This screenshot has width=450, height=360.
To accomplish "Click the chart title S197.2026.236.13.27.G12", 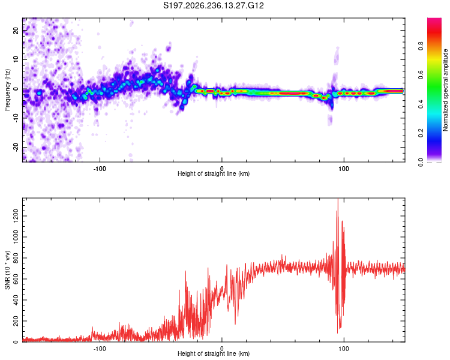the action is pos(213,5).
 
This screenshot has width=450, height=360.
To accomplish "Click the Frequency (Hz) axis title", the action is pos(7,90).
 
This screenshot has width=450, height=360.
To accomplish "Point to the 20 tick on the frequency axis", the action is pos(16,30).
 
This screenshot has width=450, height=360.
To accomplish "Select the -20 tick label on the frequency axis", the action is pos(16,148).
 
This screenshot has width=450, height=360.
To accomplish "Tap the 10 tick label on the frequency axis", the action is pos(16,59).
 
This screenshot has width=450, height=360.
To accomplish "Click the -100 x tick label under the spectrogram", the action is pos(100,169).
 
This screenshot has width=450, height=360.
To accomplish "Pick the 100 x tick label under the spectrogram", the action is pos(344,169).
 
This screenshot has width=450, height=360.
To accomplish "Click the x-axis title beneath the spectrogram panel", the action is pos(214,173).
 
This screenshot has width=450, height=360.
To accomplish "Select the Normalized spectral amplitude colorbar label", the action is pos(445,90).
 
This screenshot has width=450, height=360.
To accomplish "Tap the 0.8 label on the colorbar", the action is pos(421,46).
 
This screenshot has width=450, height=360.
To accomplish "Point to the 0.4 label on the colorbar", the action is pos(421,104).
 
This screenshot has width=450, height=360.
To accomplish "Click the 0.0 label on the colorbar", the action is pos(421,163).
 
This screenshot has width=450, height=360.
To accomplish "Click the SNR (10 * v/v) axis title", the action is pos(7,270).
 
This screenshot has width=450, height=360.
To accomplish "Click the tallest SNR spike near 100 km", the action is pos(338,199).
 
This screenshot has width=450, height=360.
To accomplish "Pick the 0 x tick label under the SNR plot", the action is pos(221,349).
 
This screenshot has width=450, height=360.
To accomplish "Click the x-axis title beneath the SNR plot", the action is pos(214,353).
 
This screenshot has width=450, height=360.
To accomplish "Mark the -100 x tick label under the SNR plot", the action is pos(100,349).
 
